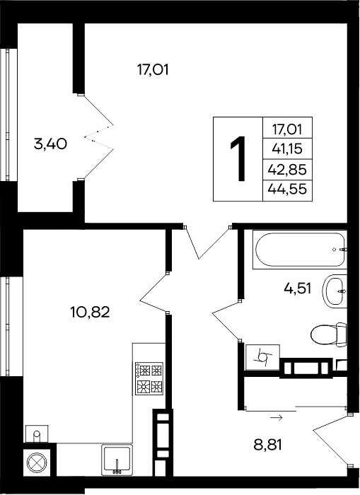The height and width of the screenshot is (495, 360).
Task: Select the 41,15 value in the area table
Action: [287, 148]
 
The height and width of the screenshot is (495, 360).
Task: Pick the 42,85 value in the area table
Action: [287, 170]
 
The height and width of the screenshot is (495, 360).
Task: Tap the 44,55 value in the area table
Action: [287, 190]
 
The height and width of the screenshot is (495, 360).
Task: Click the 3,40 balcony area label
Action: [50, 144]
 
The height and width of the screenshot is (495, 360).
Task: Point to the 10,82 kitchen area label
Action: [90, 313]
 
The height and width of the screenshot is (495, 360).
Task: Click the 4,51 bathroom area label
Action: [298, 289]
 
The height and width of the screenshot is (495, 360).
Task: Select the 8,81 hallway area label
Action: [267, 445]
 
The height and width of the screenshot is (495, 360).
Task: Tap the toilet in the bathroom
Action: [328, 334]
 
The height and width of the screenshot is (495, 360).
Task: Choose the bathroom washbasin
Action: [335, 291]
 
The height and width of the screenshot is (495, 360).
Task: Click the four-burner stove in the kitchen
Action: [149, 378]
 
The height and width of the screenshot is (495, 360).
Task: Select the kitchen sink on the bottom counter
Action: [117, 460]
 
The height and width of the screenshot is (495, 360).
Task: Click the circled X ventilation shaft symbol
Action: [37, 462]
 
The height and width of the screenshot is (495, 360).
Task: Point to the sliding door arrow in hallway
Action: [277, 418]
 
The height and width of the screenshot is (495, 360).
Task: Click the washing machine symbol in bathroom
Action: [262, 357]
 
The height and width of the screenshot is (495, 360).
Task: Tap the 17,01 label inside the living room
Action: [153, 70]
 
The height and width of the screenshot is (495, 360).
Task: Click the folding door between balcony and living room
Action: [99, 136]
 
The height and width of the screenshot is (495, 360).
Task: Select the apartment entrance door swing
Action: [331, 441]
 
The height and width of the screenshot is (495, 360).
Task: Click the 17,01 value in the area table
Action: [287, 129]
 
